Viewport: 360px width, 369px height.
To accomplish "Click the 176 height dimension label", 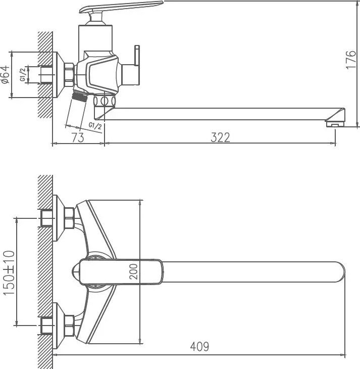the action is point(351,59).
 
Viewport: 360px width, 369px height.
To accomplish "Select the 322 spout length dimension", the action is point(220,137).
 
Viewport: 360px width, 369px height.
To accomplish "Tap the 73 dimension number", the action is point(78,137).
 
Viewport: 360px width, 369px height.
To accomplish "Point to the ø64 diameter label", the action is point(6,75).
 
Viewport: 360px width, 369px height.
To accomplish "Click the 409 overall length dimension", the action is point(199,346).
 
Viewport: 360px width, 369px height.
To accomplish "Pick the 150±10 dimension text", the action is point(9,273).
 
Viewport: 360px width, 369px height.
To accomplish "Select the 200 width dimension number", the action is point(133,271).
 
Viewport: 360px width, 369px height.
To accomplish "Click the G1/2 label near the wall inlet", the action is point(22,75).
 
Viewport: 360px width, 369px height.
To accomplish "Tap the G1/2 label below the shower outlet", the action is point(95,126).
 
